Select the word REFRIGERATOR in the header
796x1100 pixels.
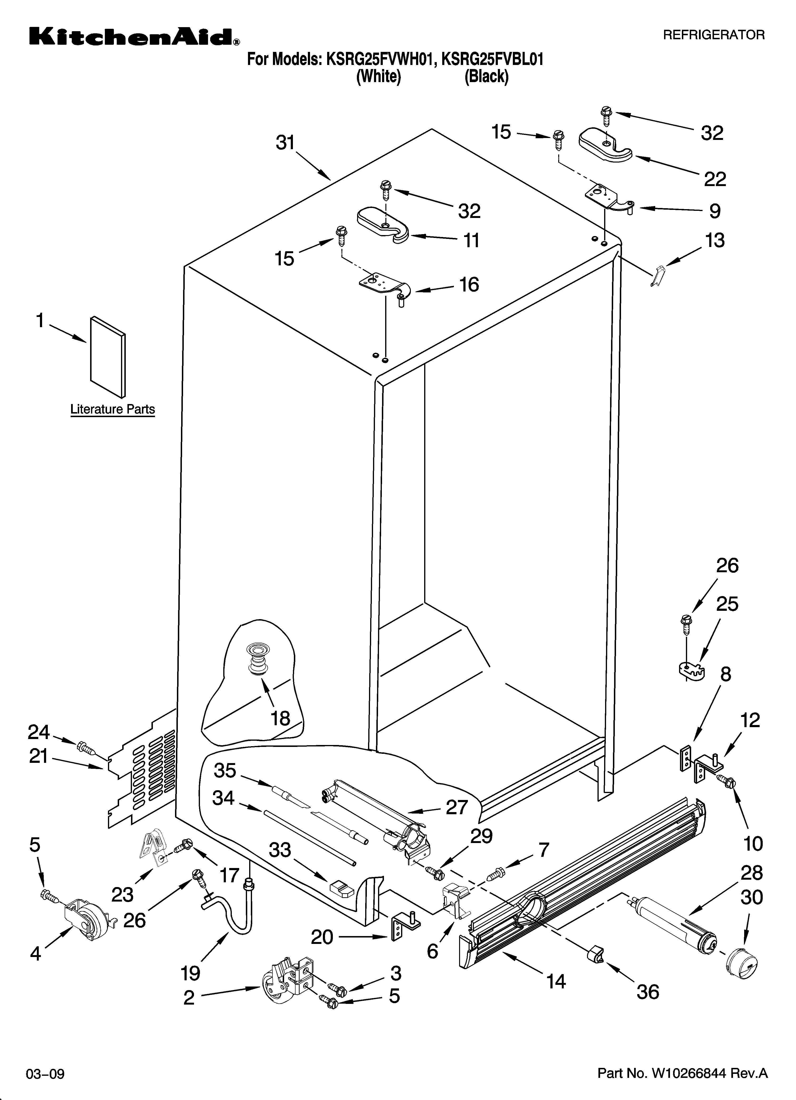(x=713, y=35)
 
